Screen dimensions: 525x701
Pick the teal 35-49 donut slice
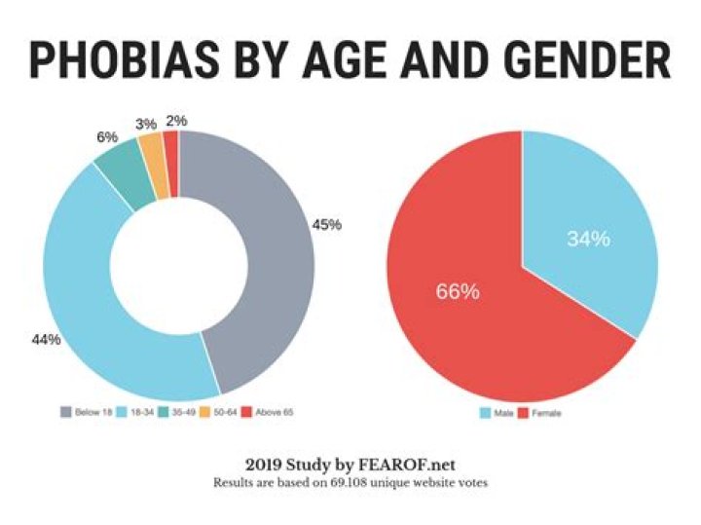(122, 181)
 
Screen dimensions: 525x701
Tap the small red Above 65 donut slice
(170, 143)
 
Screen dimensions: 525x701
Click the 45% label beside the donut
(327, 225)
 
